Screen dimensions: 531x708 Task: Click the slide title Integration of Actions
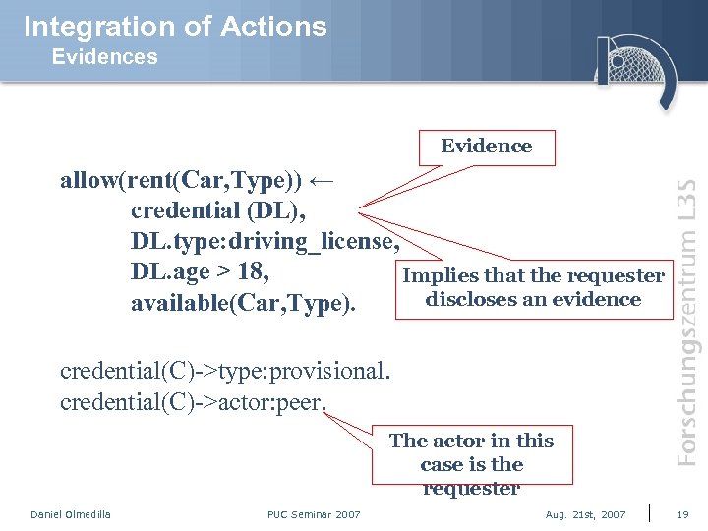pos(175,27)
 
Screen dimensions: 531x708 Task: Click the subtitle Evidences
pos(104,57)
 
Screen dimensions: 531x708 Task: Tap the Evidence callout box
pos(486,147)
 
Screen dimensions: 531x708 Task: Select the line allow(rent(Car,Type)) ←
pos(198,182)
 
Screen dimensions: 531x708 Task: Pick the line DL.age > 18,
pos(201,270)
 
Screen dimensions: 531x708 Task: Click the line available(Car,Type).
pos(243,303)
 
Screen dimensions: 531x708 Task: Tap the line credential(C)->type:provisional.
pos(225,372)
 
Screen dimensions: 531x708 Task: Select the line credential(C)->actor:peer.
pos(193,402)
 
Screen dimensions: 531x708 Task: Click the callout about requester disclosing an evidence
pos(533,288)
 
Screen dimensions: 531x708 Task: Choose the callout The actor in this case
pos(472,463)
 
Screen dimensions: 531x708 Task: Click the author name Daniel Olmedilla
pos(71,514)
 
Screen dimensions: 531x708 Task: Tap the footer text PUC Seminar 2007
pos(314,514)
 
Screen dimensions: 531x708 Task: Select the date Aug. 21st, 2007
pos(585,514)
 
